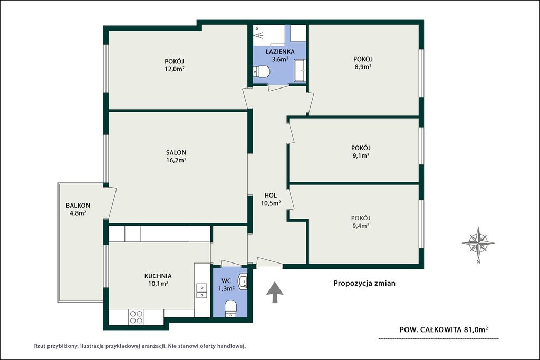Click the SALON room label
[176, 152]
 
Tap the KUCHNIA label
[158, 276]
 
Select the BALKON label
[78, 206]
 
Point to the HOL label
[271, 196]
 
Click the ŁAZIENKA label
[280, 51]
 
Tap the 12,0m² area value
[174, 69]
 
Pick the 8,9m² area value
[363, 67]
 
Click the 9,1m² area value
[361, 155]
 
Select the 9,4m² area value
[361, 226]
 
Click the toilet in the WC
[230, 308]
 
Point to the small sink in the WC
[243, 281]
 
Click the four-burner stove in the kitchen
[136, 317]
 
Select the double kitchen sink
[201, 290]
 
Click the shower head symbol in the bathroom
[258, 33]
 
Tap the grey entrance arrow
[275, 292]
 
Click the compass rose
[478, 244]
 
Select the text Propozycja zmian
[364, 283]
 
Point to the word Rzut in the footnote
[39, 346]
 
